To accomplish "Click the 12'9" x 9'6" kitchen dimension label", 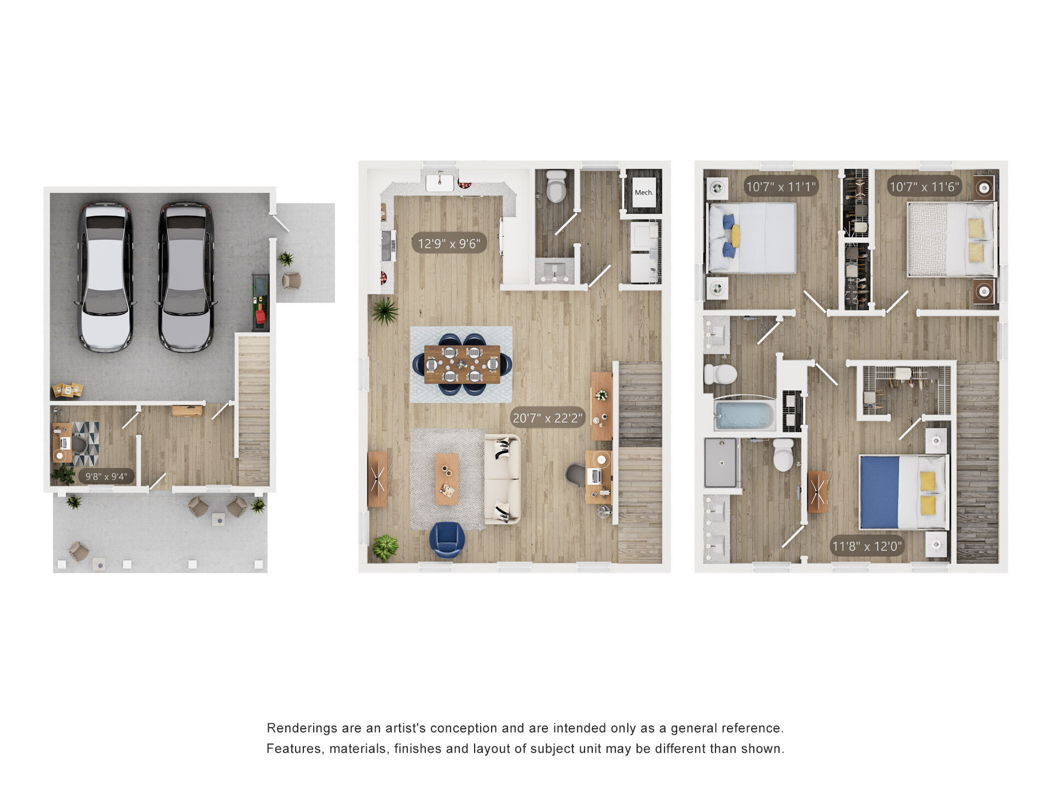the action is [x=449, y=243].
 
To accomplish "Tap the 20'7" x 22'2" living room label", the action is [x=547, y=418].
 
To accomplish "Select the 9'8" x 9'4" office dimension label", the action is [x=106, y=477].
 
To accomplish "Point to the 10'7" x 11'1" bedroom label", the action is [x=781, y=187].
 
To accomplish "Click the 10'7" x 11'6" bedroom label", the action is [x=925, y=187].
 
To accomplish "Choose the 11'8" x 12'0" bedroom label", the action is [x=867, y=546].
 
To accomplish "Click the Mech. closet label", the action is [x=644, y=192].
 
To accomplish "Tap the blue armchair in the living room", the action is [x=447, y=540].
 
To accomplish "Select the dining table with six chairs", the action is [x=463, y=364].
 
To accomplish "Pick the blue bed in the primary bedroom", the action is [x=903, y=492].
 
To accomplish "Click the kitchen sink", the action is [x=440, y=181].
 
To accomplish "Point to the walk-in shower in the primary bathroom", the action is [x=721, y=462].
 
